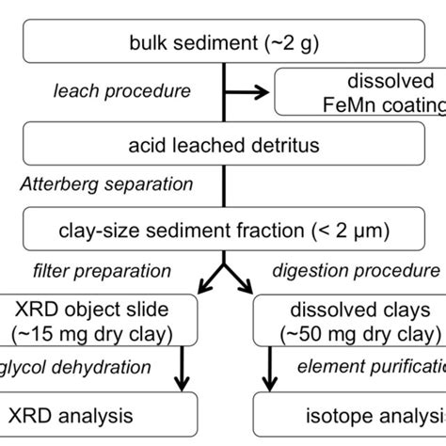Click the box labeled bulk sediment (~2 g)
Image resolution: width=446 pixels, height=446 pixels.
222,41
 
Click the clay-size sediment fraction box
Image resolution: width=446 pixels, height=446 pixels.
222,227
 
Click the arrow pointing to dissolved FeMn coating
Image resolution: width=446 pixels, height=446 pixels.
247,92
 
